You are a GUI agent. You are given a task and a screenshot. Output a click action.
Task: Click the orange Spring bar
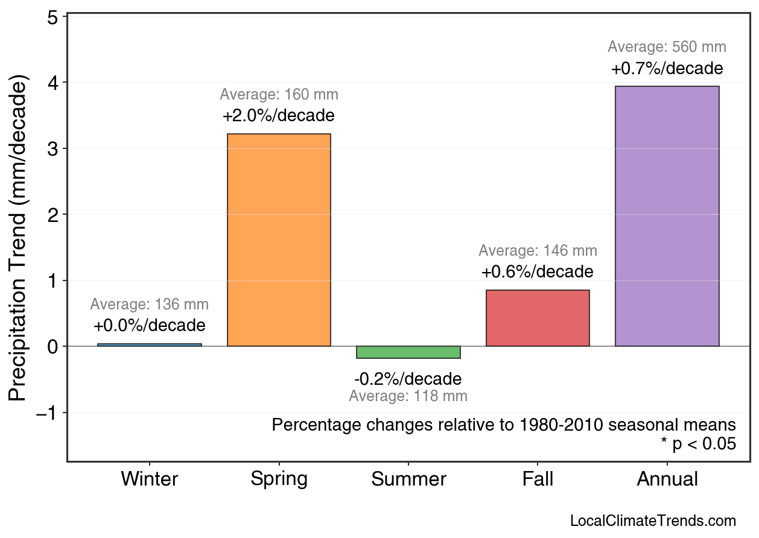279,240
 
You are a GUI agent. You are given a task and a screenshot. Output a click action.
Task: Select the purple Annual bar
667,216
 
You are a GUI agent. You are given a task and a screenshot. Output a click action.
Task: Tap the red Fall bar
538,318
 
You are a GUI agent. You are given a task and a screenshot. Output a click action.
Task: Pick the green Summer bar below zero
408,352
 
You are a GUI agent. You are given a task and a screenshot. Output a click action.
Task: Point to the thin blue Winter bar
150,345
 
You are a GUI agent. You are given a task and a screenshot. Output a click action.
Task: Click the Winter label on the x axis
150,479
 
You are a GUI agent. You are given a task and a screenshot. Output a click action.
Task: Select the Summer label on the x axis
408,479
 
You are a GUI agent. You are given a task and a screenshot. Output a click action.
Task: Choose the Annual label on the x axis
667,479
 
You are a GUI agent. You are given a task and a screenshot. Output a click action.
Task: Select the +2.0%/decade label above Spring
279,115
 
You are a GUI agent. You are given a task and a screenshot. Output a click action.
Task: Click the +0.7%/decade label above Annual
667,68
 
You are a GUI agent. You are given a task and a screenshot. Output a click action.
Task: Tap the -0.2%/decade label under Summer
408,379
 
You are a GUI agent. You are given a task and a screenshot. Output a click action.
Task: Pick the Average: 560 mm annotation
667,47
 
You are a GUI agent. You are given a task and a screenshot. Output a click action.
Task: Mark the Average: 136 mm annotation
150,305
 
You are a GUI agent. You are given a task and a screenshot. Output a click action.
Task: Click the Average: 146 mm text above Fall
538,251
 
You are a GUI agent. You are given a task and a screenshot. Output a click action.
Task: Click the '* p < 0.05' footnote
698,445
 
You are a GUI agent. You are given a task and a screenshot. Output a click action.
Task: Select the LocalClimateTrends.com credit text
653,521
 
